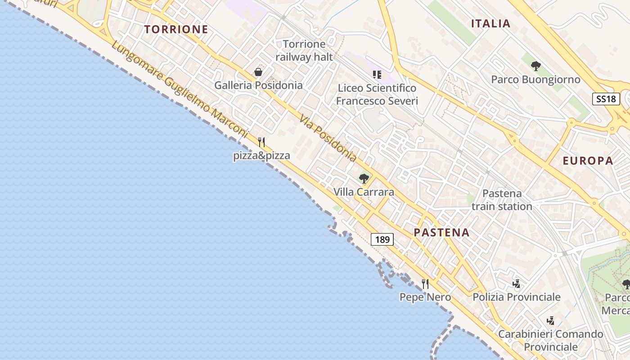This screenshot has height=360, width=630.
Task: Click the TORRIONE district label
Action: pyautogui.click(x=176, y=30)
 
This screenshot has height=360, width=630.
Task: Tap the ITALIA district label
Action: pyautogui.click(x=490, y=24)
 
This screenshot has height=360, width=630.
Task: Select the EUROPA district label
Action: pyautogui.click(x=588, y=161)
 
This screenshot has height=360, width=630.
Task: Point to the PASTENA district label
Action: pyautogui.click(x=441, y=233)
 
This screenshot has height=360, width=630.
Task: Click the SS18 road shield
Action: pyautogui.click(x=606, y=99)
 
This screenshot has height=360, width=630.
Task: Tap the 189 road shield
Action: pyautogui.click(x=382, y=239)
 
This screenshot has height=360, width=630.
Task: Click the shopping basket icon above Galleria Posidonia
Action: pyautogui.click(x=258, y=72)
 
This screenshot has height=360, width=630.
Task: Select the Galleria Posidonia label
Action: pyautogui.click(x=258, y=85)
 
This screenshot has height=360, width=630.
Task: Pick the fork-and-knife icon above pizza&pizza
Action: pyautogui.click(x=261, y=142)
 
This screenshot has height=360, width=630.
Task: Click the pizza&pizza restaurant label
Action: pyautogui.click(x=261, y=156)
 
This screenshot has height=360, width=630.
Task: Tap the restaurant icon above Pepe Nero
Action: pyautogui.click(x=425, y=284)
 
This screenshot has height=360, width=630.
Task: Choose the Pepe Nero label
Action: pyautogui.click(x=425, y=297)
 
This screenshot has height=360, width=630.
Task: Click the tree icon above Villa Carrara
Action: pyautogui.click(x=364, y=179)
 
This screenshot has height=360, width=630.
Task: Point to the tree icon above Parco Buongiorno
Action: pyautogui.click(x=535, y=66)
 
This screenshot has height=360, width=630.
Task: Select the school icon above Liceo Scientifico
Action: pyautogui.click(x=377, y=74)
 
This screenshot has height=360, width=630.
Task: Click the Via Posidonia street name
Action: pyautogui.click(x=328, y=138)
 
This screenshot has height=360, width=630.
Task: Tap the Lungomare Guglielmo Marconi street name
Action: pyautogui.click(x=180, y=90)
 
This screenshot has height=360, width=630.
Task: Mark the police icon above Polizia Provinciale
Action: pyautogui.click(x=516, y=284)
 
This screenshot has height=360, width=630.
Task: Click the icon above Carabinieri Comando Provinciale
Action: pyautogui.click(x=550, y=321)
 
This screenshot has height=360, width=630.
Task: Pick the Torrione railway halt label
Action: pyautogui.click(x=304, y=50)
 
